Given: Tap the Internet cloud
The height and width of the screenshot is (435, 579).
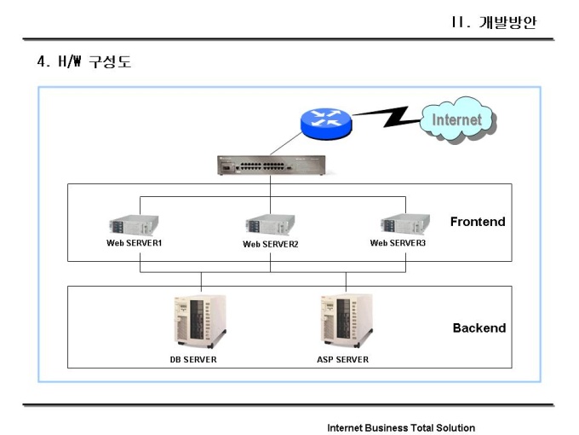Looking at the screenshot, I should (x=456, y=120).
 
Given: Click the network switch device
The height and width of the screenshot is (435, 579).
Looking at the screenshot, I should (x=270, y=165).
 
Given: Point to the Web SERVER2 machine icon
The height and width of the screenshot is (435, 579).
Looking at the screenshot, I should (x=271, y=225).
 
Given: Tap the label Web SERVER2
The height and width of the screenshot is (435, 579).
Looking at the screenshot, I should (x=271, y=244).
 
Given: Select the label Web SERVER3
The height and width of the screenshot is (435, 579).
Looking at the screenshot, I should (x=398, y=243).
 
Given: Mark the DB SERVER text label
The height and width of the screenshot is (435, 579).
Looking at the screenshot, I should (x=193, y=359).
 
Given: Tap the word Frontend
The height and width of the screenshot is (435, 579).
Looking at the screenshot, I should (x=478, y=222).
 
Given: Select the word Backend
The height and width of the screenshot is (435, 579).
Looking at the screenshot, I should (x=479, y=328).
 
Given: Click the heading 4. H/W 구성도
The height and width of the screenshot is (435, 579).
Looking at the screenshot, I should (x=83, y=61).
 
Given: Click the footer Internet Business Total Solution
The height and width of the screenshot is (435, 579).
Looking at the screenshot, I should (x=401, y=427).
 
